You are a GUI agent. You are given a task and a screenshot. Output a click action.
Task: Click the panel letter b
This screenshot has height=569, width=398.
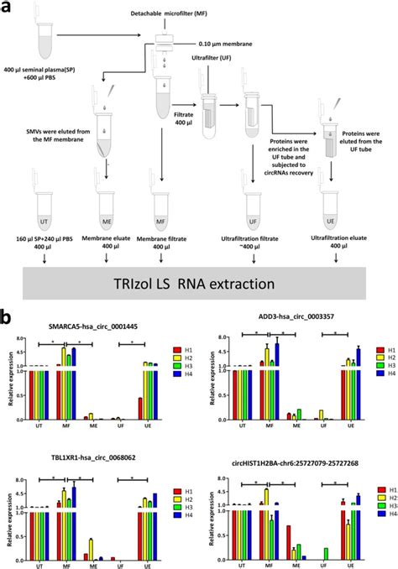[7, 320]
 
